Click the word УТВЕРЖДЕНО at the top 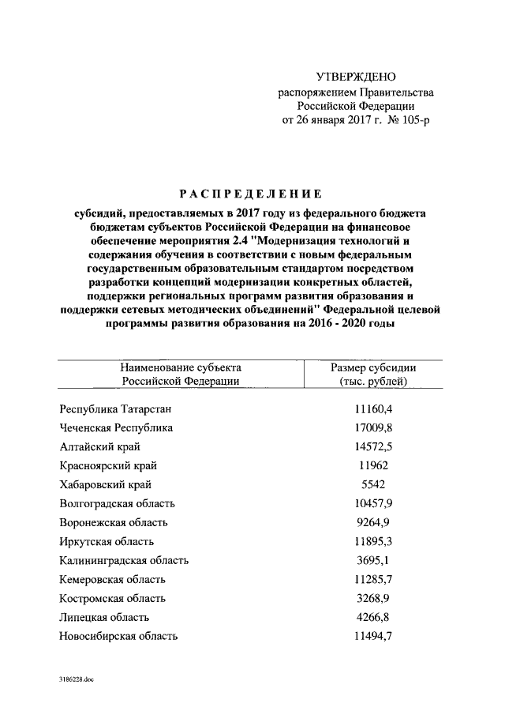tap(354, 77)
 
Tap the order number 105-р tap(413, 120)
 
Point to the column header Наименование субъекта tap(180, 367)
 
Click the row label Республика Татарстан tap(115, 409)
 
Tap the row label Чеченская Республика tap(116, 428)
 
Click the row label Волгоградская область tap(117, 503)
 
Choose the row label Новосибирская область tap(118, 636)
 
